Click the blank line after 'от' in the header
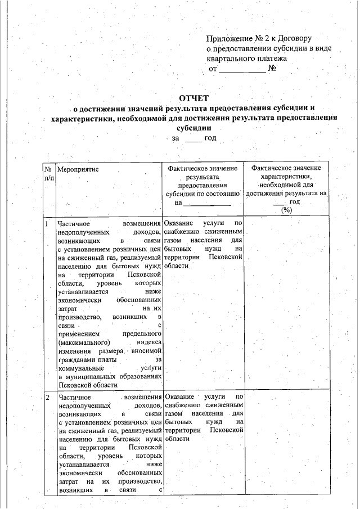click(x=241, y=70)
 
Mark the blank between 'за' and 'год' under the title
click(x=193, y=138)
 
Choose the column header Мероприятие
click(x=78, y=169)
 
